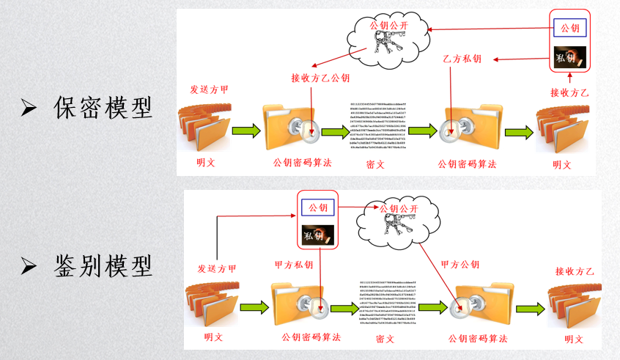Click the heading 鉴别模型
pos(103,264)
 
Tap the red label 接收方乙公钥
pos(320,78)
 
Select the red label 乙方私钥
pos(462,58)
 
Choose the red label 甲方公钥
pos(461,264)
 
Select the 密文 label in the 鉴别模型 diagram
pos(385,338)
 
